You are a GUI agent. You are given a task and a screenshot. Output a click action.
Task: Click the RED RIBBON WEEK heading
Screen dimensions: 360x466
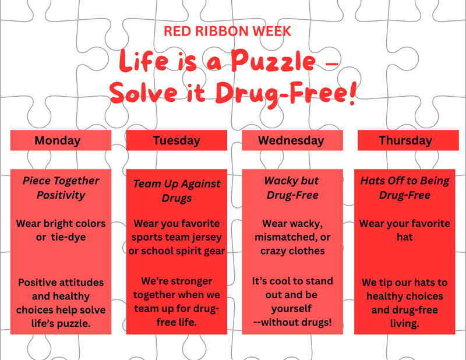(227, 31)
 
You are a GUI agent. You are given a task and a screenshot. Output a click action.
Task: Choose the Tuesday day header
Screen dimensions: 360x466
(176, 140)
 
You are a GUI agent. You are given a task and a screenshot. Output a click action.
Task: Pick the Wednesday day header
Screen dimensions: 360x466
(291, 140)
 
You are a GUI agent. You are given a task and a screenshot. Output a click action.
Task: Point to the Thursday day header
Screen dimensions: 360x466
(405, 140)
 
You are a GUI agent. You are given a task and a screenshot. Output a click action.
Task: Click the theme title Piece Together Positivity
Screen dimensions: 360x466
(61, 188)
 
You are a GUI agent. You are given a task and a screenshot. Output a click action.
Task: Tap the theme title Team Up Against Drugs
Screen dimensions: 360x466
(176, 190)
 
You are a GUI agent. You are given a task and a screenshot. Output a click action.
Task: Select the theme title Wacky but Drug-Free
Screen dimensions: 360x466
(292, 188)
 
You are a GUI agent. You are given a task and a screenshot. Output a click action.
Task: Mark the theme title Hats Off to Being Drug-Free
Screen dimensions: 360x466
(405, 188)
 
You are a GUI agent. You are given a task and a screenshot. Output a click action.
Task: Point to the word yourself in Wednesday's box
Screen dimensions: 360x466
(291, 308)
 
